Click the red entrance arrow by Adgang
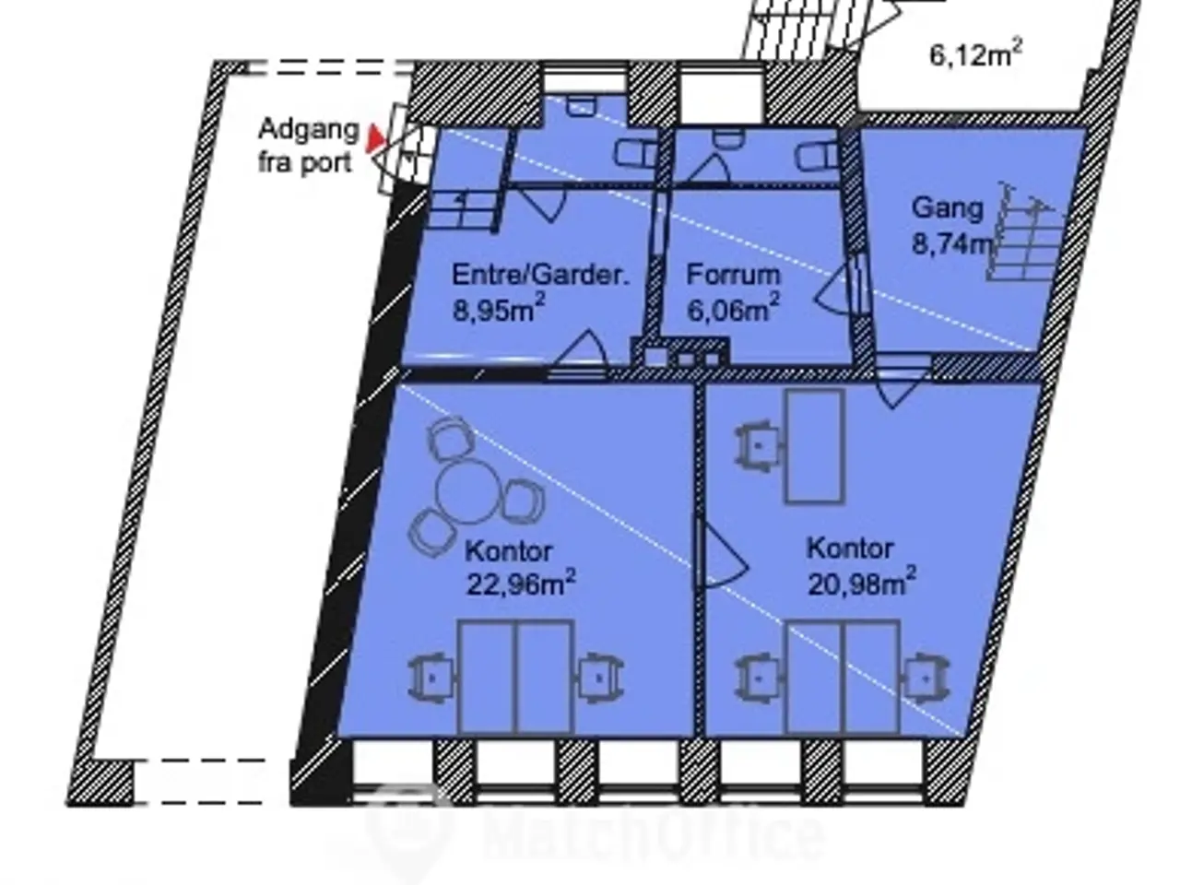point(374,138)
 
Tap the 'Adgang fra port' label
point(309,147)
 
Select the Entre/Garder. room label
point(539,275)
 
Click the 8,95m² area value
point(499,309)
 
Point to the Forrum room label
point(733,275)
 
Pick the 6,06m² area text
point(733,309)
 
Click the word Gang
point(947,208)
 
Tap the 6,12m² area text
point(975,54)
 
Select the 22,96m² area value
point(520,584)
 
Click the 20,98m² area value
point(862,583)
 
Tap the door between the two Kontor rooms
point(721,553)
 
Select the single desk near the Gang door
point(815,446)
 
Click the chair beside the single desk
point(758,446)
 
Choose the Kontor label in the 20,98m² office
point(850,549)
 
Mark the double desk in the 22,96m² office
point(516,678)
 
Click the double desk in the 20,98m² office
point(843,678)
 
